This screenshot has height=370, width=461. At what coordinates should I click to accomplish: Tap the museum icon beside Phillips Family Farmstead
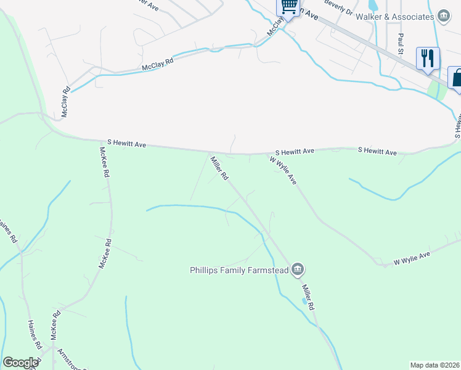coord(298,269)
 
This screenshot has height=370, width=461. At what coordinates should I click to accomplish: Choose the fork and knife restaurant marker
coord(428,59)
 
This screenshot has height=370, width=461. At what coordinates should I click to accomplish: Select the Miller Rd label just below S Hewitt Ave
coord(219,168)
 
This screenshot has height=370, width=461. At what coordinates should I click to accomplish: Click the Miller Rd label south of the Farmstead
coord(308,297)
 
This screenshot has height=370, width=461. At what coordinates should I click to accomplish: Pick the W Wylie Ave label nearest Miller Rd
coord(284,170)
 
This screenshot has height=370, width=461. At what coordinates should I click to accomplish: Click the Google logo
coord(20,363)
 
